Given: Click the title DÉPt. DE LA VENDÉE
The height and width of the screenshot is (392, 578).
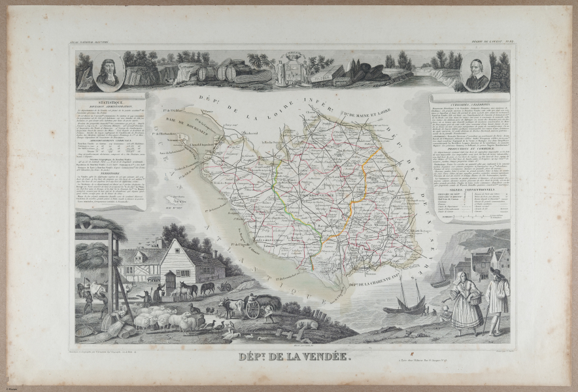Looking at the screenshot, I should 289,357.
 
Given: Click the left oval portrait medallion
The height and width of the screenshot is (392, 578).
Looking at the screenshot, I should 108,74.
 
